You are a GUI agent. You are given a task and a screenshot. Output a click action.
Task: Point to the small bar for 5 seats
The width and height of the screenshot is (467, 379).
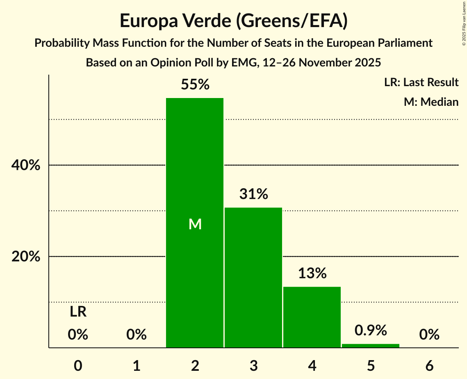371,346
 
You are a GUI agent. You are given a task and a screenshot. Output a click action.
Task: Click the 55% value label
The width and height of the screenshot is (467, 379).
195,85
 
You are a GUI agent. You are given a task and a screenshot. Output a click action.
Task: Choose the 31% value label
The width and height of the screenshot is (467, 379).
254,194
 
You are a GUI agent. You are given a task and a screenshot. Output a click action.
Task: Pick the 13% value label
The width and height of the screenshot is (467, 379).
312,273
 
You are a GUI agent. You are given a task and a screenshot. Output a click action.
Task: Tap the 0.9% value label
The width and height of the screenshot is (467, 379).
371,330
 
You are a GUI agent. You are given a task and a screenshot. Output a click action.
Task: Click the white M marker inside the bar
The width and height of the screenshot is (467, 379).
195,224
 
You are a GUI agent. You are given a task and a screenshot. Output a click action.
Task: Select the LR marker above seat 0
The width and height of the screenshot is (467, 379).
78,312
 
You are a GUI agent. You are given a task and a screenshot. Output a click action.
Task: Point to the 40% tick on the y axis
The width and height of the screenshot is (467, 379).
25,165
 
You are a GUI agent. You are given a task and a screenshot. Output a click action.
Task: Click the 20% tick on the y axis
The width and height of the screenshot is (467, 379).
25,257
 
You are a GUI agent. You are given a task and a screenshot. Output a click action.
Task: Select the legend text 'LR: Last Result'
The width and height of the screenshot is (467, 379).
421,82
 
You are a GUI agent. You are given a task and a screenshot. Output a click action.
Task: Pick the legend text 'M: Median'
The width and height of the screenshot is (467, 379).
431,102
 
